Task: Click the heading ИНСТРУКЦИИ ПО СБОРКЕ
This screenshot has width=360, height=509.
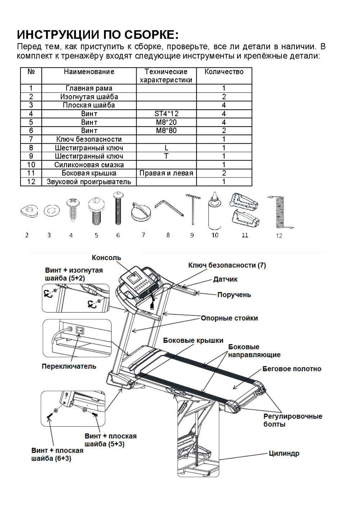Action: (98, 34)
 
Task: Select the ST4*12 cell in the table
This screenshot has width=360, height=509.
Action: (166, 114)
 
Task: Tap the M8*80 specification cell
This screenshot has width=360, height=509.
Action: (166, 131)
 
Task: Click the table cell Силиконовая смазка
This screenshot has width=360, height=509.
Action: (89, 165)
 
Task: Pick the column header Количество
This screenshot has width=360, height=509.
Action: (224, 72)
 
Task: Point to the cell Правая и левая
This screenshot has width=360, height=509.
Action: (166, 173)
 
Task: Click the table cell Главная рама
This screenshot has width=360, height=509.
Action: (89, 88)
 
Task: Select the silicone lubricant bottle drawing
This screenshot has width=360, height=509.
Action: (215, 212)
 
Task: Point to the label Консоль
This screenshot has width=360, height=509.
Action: (106, 258)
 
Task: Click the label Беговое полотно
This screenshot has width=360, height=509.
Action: (292, 369)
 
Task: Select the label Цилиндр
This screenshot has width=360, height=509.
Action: (284, 453)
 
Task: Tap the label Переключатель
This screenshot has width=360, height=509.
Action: (69, 366)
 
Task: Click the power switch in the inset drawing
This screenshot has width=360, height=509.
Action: (79, 331)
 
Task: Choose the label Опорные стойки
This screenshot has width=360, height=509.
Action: (229, 318)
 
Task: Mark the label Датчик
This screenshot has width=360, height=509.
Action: (225, 279)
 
